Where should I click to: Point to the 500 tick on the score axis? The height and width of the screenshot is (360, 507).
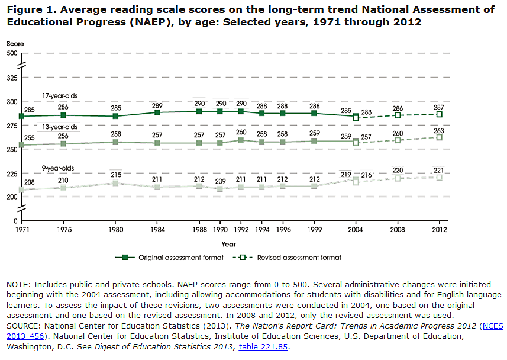[x=12, y=53]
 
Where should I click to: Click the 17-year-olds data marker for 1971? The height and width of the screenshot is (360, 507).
[x=22, y=116]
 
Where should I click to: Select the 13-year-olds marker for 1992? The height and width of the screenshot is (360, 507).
[x=241, y=140]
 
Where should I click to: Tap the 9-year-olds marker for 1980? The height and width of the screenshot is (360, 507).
[x=116, y=184]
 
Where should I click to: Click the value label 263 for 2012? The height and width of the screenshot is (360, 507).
[x=440, y=131]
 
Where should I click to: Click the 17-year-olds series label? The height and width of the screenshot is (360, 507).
[x=59, y=95]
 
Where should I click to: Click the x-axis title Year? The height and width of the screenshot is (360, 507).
[x=229, y=243]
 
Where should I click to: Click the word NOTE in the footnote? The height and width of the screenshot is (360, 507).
[x=18, y=285]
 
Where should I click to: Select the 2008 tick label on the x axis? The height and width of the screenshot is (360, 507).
[x=398, y=230]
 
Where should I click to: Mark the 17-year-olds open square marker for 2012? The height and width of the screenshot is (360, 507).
[x=440, y=114]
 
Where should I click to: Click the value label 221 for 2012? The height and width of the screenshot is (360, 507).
[x=440, y=171]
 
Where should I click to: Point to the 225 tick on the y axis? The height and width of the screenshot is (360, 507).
[x=12, y=173]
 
